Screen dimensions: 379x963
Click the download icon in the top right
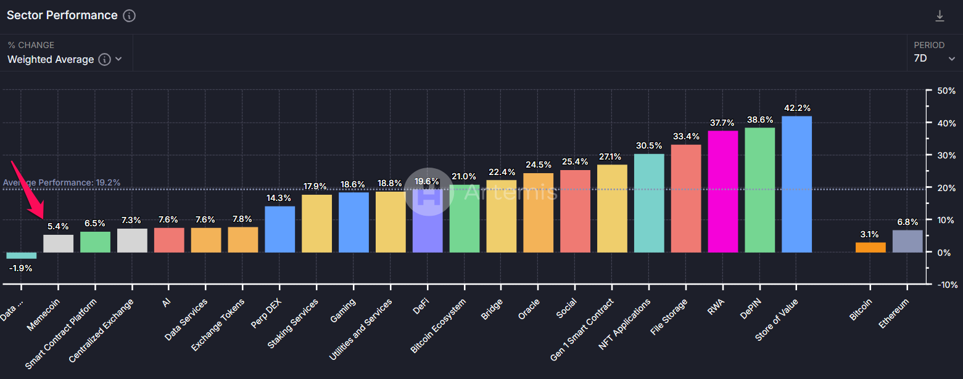click(940, 16)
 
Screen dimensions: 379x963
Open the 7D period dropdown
click(934, 59)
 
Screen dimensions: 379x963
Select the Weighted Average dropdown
click(65, 59)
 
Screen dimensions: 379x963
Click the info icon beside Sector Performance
click(129, 16)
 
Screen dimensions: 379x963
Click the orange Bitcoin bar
click(870, 247)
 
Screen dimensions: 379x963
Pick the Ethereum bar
click(907, 241)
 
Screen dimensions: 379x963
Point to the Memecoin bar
click(59, 243)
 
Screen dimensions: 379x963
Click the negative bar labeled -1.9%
click(22, 255)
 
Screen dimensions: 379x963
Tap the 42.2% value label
click(796, 108)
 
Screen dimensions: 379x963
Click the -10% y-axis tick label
click(945, 284)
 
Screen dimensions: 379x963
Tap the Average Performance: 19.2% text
click(62, 182)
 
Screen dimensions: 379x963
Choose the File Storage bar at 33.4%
click(686, 198)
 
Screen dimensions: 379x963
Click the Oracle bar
click(538, 213)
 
